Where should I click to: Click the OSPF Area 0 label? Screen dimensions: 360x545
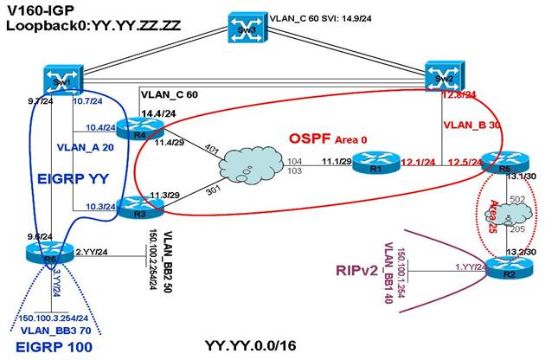324,140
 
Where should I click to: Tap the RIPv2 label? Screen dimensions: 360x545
357,269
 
